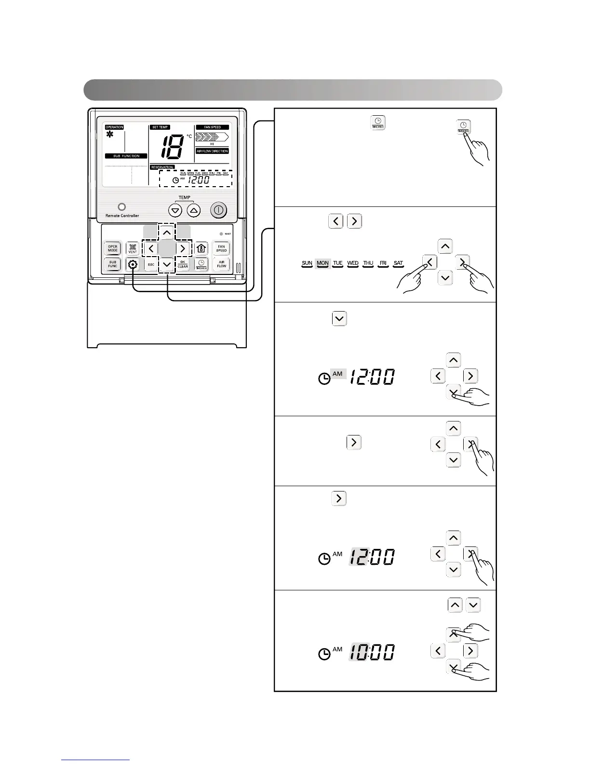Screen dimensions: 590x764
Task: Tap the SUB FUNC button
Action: coord(112,264)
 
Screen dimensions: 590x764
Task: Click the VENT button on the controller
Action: coord(133,249)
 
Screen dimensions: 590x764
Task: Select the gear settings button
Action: coord(133,264)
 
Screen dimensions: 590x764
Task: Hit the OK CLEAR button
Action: coord(183,264)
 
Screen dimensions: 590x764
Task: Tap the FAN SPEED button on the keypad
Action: coord(221,249)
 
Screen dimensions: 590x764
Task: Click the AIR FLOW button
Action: coord(221,264)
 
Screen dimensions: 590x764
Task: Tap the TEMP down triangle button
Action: coord(175,211)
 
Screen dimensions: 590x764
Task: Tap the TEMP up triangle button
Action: coord(194,211)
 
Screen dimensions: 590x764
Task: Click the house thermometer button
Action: coord(201,249)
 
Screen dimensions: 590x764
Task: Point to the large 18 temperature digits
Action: coord(172,147)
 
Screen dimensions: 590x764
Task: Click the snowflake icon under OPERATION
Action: coord(110,135)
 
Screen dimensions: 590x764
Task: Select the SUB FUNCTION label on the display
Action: coord(126,156)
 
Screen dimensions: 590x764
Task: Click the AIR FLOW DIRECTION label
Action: coord(212,151)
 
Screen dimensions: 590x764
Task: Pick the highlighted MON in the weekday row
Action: coord(322,263)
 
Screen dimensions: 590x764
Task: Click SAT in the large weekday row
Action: coord(398,263)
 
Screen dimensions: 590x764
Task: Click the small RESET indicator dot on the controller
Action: coord(221,234)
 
